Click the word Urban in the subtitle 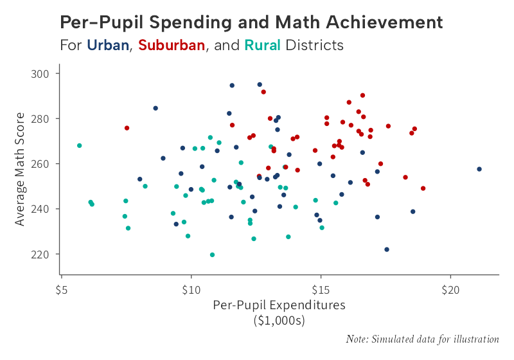click(x=108, y=46)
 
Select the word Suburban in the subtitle click(x=172, y=46)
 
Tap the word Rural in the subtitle click(x=262, y=46)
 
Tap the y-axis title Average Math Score click(x=21, y=169)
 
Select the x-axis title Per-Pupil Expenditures click(x=279, y=305)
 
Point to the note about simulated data click(x=422, y=339)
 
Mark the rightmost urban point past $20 click(x=479, y=169)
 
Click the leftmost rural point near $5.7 click(x=79, y=145)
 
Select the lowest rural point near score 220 click(x=213, y=255)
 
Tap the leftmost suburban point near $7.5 click(x=127, y=128)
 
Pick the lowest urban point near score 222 click(x=387, y=249)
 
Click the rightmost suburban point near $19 click(x=423, y=188)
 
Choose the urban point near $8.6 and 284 click(x=155, y=108)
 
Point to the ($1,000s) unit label click(x=279, y=319)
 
